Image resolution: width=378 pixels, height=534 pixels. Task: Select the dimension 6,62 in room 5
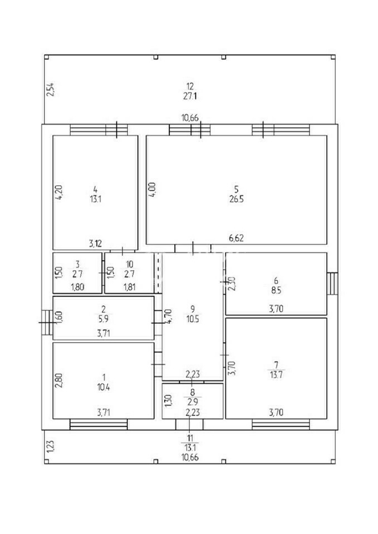pos(237,238)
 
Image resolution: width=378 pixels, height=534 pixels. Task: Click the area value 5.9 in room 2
pos(104,318)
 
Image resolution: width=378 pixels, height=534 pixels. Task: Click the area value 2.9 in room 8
pos(192,401)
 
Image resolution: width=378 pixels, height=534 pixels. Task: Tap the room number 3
pos(78,263)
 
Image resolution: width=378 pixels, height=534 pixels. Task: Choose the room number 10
pos(130,263)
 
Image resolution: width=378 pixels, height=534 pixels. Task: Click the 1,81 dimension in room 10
pos(129,286)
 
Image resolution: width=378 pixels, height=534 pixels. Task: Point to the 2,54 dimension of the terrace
pos(50,90)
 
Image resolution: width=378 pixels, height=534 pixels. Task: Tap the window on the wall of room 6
pos(332,284)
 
